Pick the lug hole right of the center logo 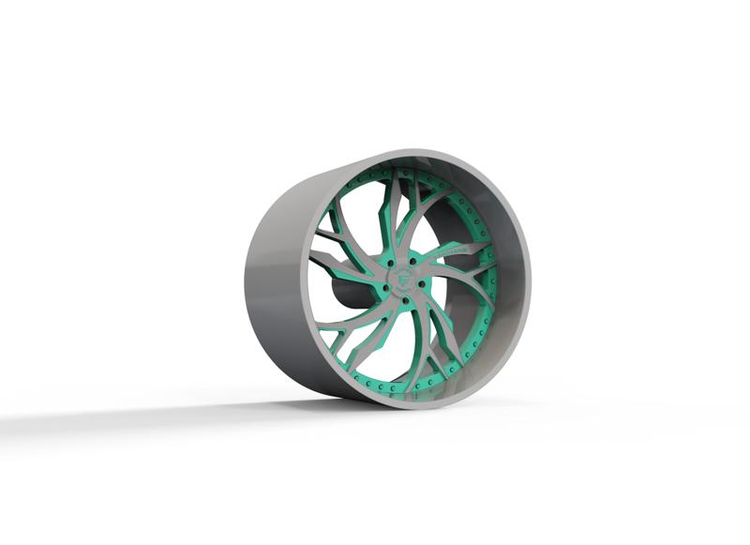pyautogui.click(x=422, y=283)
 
